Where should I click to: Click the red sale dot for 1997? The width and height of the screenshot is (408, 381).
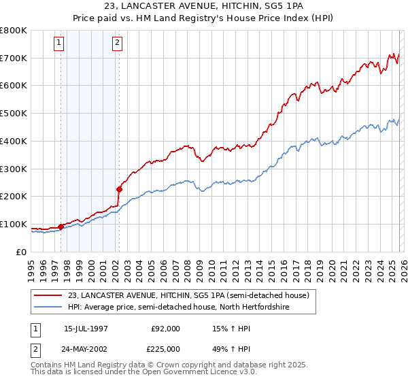61,226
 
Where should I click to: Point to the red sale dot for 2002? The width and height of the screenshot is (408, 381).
119,189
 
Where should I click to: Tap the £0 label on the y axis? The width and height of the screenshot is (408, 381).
20,252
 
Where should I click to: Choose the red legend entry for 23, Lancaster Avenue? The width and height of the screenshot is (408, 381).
188,295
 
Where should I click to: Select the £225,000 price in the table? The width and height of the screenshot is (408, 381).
166,348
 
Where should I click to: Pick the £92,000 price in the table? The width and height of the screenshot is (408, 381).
166,329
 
